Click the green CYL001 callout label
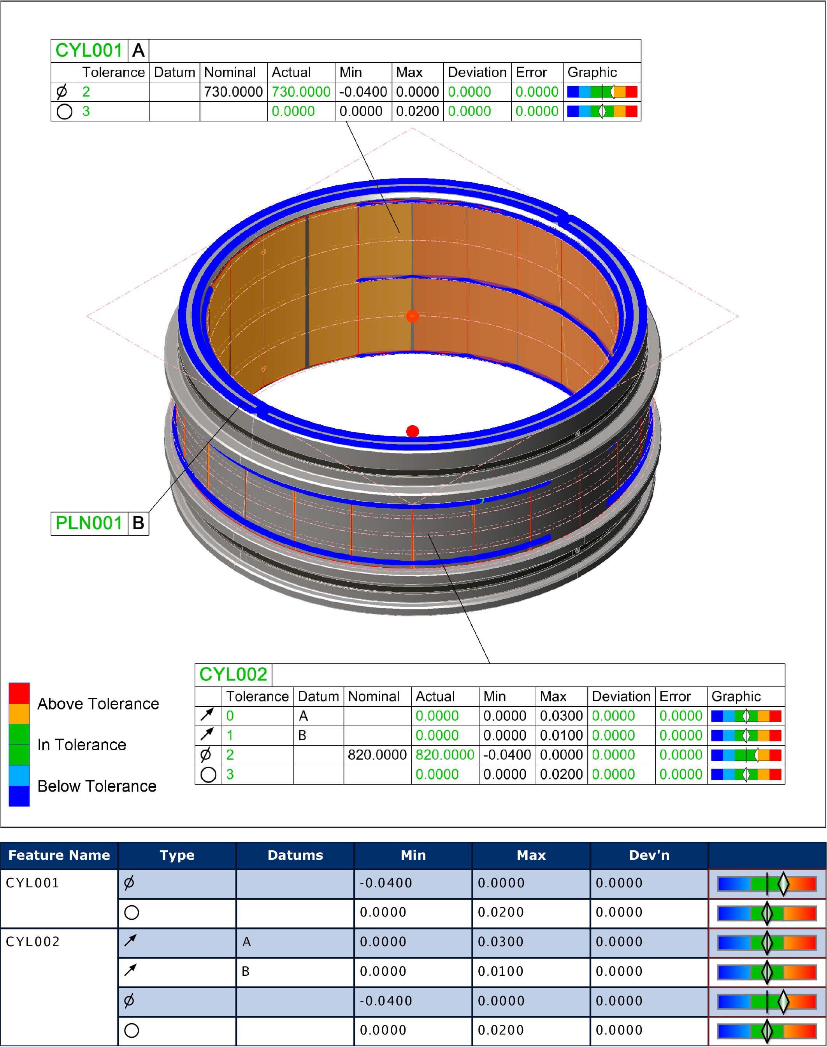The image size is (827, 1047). [89, 50]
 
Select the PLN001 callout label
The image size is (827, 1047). [89, 523]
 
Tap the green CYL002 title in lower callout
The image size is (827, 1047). [233, 674]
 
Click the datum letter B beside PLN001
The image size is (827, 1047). [138, 523]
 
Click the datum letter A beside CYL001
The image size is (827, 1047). [138, 50]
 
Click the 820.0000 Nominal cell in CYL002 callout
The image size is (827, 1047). [377, 755]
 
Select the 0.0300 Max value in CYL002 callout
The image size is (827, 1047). [561, 716]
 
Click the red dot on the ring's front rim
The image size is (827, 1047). [413, 431]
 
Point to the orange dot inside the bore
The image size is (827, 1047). [412, 317]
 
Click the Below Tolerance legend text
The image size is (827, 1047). [97, 786]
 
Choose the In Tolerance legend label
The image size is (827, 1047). [81, 745]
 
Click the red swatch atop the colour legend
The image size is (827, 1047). [19, 693]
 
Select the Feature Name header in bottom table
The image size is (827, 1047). [59, 855]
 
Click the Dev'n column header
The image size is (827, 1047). [649, 855]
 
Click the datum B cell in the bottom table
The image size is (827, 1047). [246, 971]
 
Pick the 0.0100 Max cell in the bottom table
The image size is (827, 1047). [500, 971]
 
